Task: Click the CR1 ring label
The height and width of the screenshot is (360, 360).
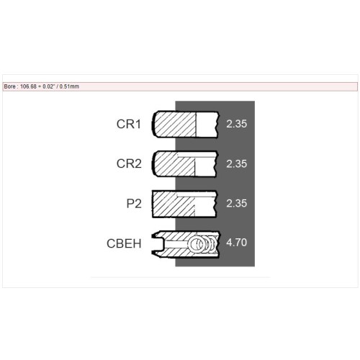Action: point(129,124)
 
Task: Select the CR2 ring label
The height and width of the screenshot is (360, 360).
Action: point(129,163)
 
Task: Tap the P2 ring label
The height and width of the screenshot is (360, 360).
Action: point(134,204)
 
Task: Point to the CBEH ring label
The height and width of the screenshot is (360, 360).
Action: point(124,243)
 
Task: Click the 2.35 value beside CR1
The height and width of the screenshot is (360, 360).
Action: point(236,124)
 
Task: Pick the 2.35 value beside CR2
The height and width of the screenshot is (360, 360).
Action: point(236,163)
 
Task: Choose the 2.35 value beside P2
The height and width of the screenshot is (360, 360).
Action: point(236,203)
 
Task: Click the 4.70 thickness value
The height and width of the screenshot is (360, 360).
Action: point(236,243)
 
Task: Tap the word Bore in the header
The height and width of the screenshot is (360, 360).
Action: point(10,86)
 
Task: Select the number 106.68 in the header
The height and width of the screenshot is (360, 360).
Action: point(28,86)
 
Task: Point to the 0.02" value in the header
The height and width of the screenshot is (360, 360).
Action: point(48,86)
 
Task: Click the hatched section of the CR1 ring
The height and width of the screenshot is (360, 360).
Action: point(175,125)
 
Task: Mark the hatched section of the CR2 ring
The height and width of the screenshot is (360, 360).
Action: point(174,164)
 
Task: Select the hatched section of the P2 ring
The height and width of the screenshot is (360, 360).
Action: point(174,204)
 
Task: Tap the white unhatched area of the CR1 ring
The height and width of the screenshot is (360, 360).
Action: point(207,125)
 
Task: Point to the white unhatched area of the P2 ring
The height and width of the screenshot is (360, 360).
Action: point(205,207)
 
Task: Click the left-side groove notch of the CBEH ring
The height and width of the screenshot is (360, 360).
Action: point(158,244)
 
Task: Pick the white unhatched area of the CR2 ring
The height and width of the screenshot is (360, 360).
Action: point(205,167)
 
